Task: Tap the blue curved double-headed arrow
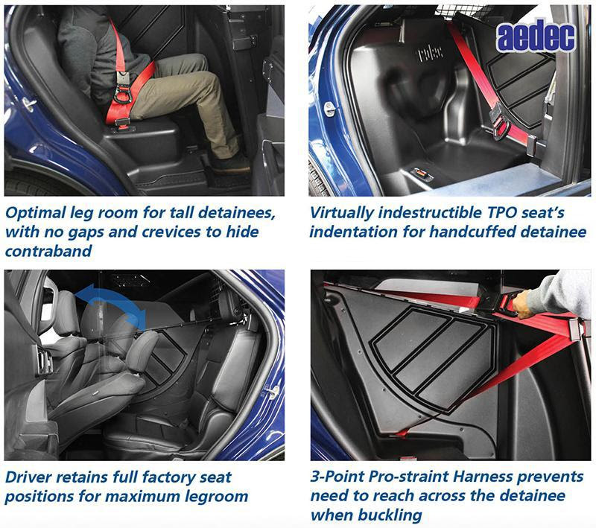[x=110, y=301]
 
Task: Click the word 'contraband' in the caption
[x=48, y=251]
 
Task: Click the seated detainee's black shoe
[x=230, y=164]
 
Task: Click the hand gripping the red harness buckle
[x=521, y=304]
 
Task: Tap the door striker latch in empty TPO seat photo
[x=329, y=109]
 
